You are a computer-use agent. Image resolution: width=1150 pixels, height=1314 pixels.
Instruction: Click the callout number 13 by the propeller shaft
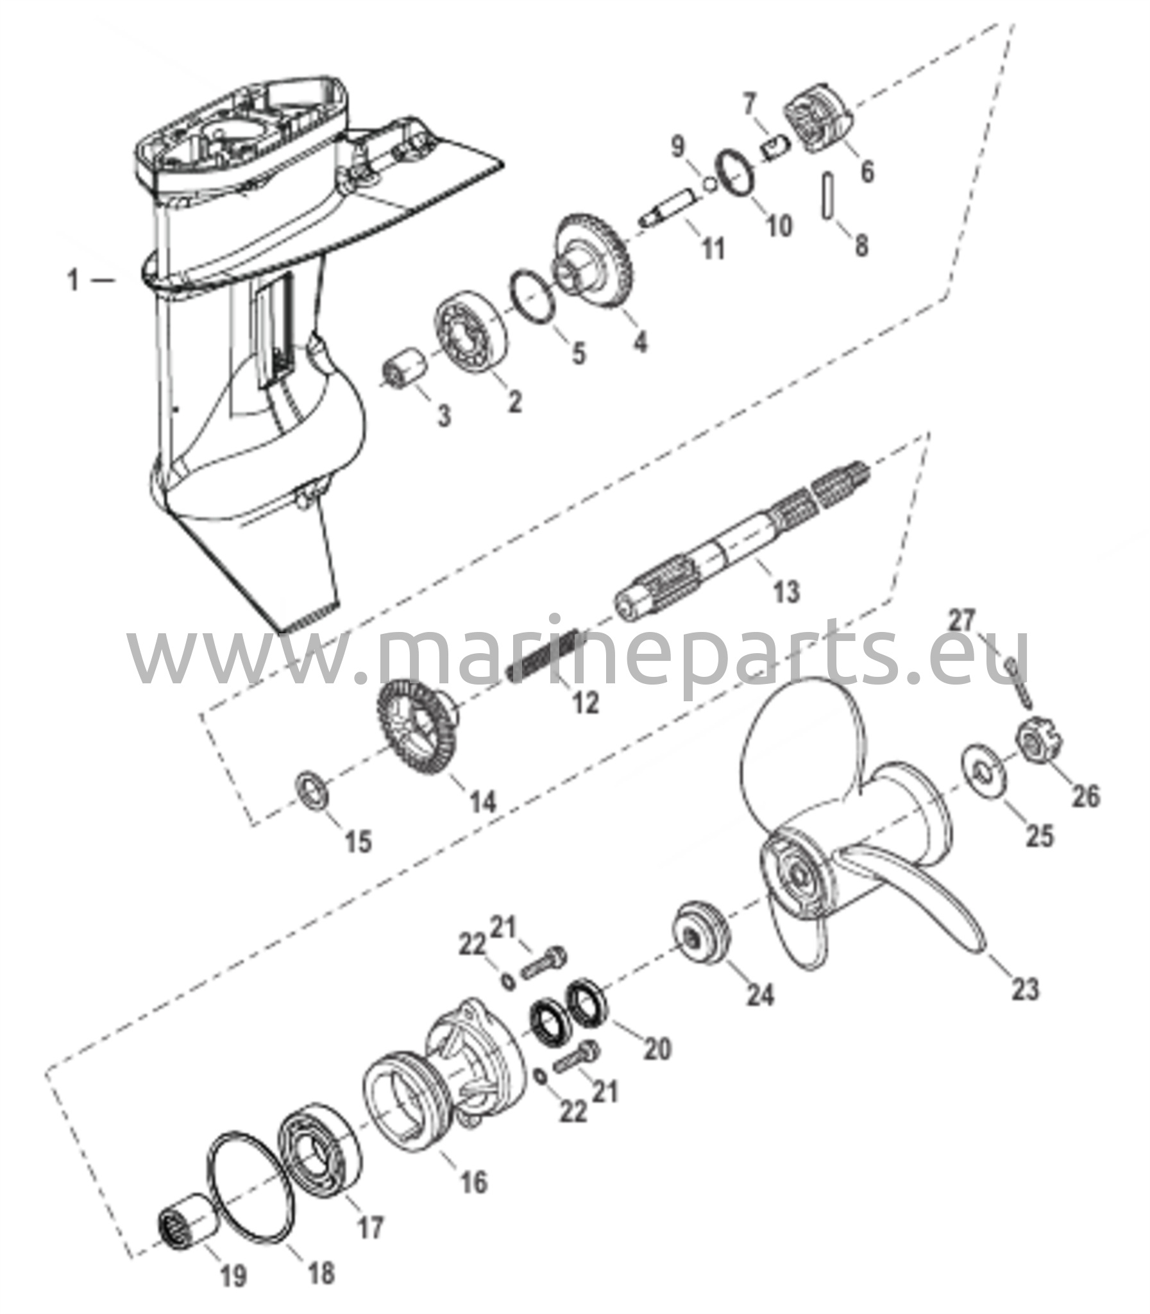[786, 591]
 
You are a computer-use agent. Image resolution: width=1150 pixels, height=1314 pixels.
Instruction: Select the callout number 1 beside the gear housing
[74, 280]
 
